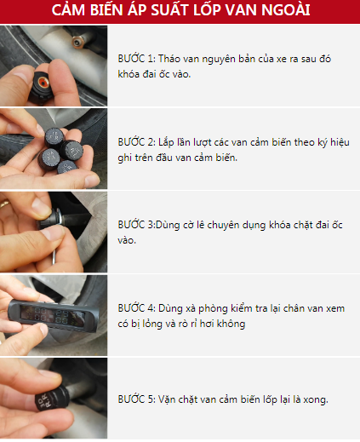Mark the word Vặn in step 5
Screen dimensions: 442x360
point(168,399)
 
